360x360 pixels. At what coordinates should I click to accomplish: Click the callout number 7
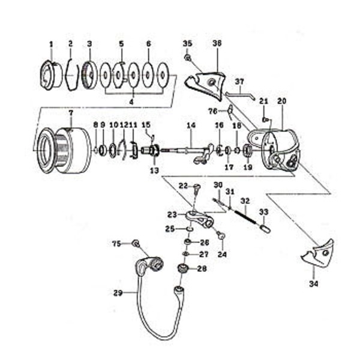pos(70,112)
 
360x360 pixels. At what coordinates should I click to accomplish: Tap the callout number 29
pos(118,293)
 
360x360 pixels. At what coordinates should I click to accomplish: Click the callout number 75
pos(116,243)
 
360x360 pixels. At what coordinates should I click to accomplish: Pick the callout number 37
pos(239,81)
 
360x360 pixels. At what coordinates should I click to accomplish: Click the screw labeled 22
pos(197,188)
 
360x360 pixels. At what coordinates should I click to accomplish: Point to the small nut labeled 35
pos(188,58)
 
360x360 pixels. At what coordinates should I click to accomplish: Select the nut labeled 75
pos(135,244)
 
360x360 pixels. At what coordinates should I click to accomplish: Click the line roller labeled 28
pos(182,268)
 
